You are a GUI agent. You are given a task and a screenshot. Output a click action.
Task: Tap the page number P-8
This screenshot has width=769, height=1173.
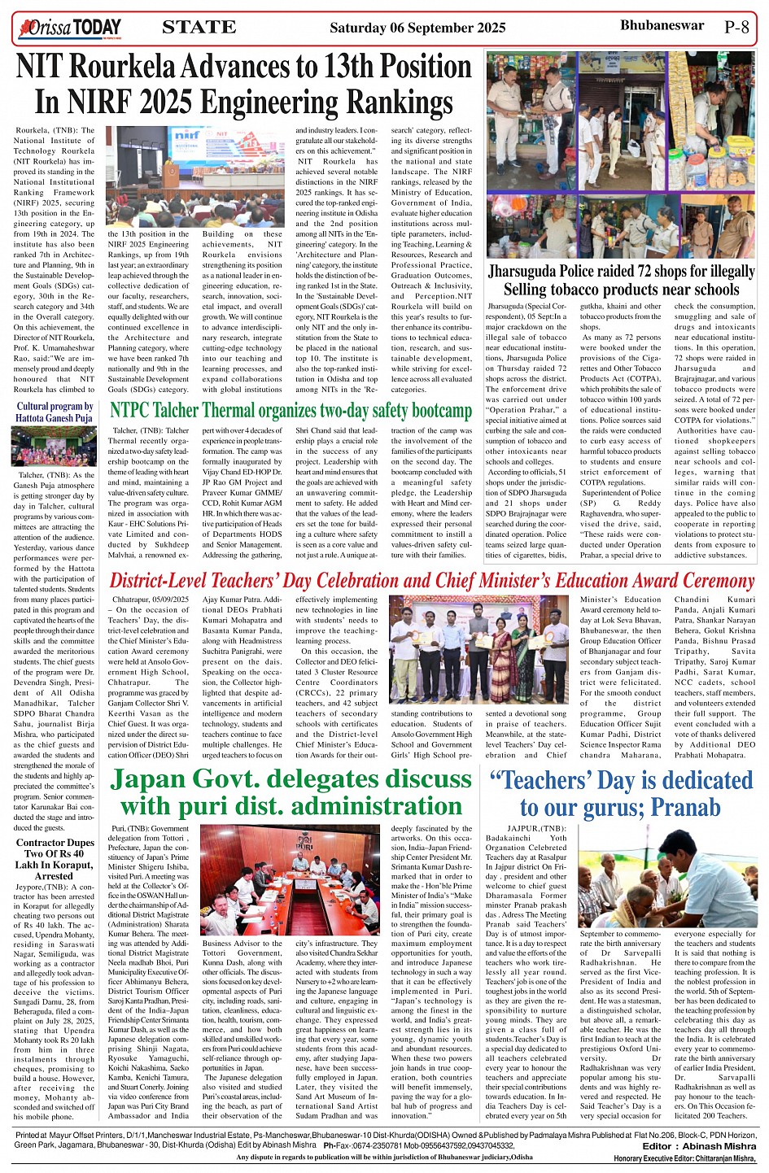(x=736, y=27)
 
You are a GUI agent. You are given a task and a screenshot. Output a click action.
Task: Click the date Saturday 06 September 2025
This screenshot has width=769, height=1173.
(x=417, y=28)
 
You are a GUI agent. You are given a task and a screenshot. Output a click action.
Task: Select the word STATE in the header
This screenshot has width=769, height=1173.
(x=199, y=28)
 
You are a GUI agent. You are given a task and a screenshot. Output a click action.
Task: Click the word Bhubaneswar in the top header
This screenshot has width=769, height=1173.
(x=662, y=25)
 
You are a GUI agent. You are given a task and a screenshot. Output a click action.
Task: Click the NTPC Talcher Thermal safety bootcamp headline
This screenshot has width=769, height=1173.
(x=291, y=410)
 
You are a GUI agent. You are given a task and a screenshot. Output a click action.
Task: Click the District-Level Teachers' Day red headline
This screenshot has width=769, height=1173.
(x=431, y=581)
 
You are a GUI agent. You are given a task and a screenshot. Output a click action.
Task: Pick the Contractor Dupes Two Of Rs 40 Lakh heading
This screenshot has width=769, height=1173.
(x=55, y=859)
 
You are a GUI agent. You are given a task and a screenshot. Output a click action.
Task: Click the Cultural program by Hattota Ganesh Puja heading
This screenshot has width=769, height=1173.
(x=55, y=412)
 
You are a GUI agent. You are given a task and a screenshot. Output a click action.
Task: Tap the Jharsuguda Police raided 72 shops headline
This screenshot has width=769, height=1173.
(x=621, y=280)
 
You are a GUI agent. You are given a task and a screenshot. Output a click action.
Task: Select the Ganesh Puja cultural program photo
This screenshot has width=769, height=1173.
(x=54, y=447)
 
